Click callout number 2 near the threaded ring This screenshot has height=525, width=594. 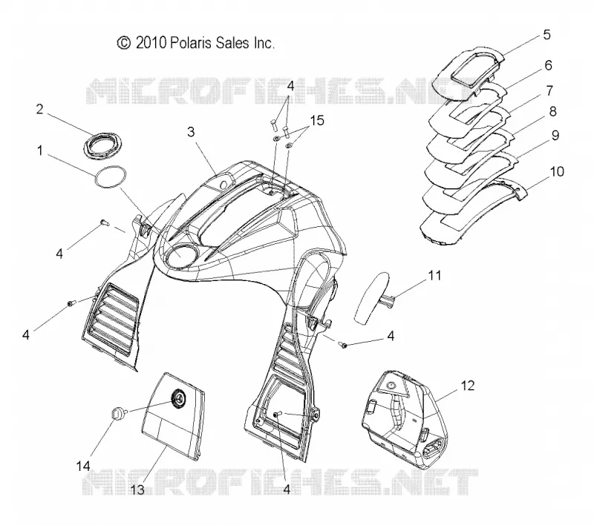(x=40, y=109)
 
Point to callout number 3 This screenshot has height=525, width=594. (x=191, y=132)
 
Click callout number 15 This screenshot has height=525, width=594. (x=317, y=121)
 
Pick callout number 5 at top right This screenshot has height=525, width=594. (x=546, y=34)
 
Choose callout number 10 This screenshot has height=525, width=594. (x=556, y=171)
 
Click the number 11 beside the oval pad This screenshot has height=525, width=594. (x=434, y=275)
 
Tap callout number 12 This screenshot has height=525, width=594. (x=468, y=386)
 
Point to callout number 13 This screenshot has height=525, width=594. (x=137, y=490)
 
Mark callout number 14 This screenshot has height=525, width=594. (x=83, y=466)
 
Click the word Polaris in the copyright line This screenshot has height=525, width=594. (x=192, y=43)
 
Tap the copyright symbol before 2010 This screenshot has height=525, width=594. (x=124, y=43)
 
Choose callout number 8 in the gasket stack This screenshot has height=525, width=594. (x=552, y=111)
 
